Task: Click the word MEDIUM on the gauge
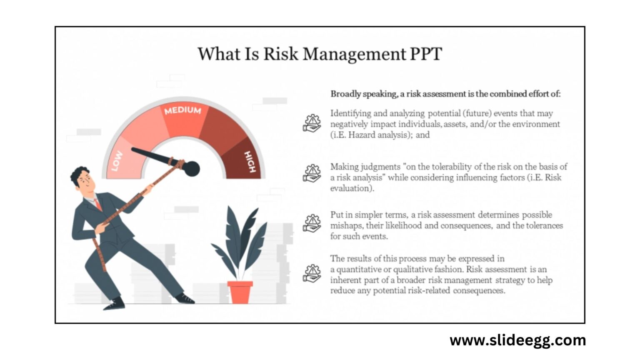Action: click(x=182, y=110)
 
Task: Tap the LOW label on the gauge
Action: click(x=117, y=161)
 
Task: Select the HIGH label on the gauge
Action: click(x=250, y=162)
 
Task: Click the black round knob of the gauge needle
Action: click(x=191, y=168)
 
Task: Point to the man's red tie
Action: click(x=98, y=204)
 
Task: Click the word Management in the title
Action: click(x=354, y=54)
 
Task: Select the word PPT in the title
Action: click(x=426, y=54)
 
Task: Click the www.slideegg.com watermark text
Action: click(x=517, y=340)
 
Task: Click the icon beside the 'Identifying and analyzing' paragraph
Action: click(x=312, y=124)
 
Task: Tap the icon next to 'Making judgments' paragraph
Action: click(x=312, y=173)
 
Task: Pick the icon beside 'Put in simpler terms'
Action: click(x=312, y=223)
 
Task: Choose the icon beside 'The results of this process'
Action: click(x=312, y=273)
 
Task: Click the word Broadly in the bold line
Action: click(x=345, y=94)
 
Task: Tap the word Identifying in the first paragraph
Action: click(x=350, y=113)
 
